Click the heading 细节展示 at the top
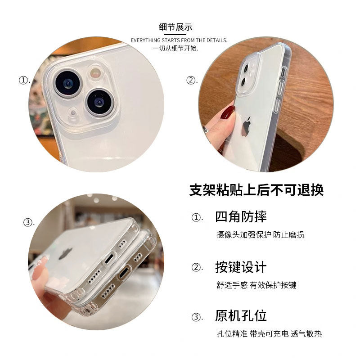pos(175,27)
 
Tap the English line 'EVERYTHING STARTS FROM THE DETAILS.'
pos(179,40)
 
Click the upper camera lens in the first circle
pos(68,83)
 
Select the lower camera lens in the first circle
pos(99,103)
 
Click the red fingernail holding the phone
pos(228,112)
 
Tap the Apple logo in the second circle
pos(246,125)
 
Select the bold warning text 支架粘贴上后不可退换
pos(256,190)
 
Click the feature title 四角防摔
pos(241,216)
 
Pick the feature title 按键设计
pos(241,267)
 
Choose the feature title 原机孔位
pos(241,316)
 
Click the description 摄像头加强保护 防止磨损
pos(261,234)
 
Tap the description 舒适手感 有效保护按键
pos(256,285)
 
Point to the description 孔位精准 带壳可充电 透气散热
pos(269,334)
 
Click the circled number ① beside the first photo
pos(23,81)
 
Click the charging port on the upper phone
pos(110,259)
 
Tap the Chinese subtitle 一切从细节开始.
pos(175,48)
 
